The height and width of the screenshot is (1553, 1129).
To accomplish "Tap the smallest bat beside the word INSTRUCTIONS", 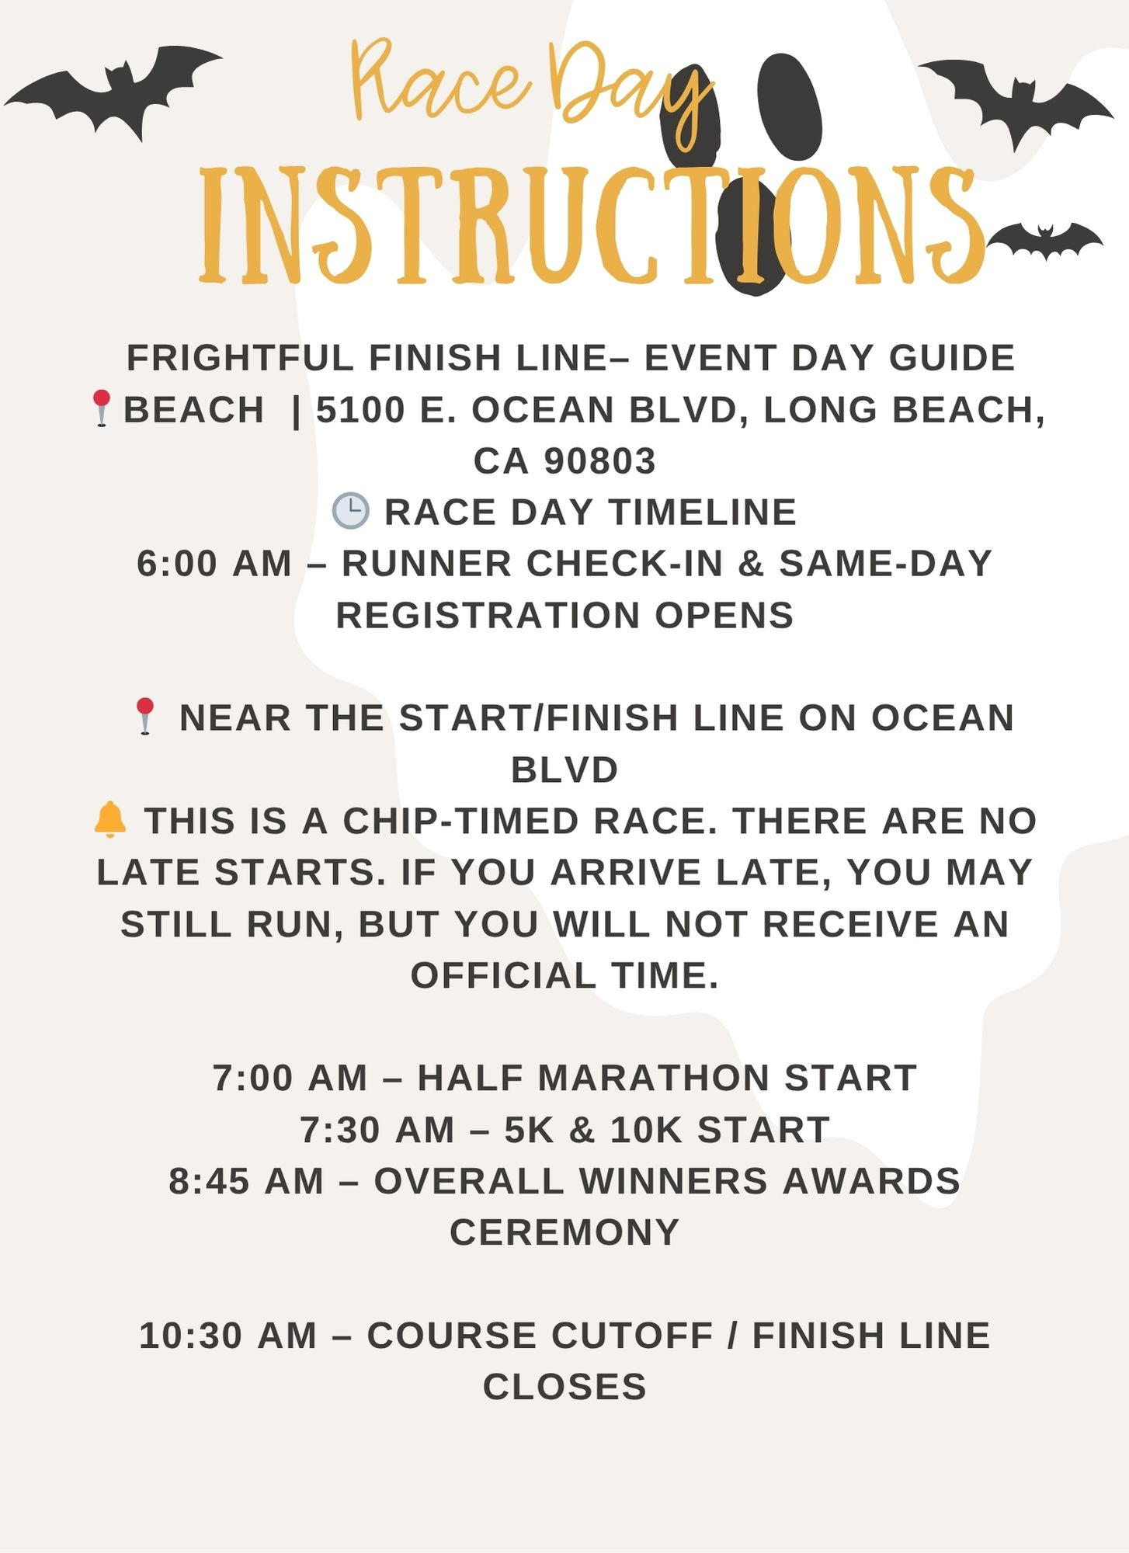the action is pyautogui.click(x=1044, y=241).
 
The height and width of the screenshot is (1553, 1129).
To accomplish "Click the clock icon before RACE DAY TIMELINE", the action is pyautogui.click(x=350, y=511).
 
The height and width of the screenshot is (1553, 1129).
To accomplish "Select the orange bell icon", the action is pyautogui.click(x=109, y=820).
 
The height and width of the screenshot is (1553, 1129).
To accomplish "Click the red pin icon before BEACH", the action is pyautogui.click(x=101, y=408).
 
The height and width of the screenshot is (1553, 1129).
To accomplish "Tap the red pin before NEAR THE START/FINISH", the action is pyautogui.click(x=144, y=716).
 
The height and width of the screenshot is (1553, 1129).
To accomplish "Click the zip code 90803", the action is pyautogui.click(x=599, y=460).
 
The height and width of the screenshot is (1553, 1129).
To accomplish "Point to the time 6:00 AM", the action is pyautogui.click(x=214, y=564).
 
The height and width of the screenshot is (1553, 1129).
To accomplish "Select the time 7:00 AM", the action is pyautogui.click(x=290, y=1078).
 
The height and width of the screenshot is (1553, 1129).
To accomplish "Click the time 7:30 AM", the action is pyautogui.click(x=377, y=1130).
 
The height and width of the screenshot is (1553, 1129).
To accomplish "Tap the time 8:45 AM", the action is pyautogui.click(x=246, y=1181).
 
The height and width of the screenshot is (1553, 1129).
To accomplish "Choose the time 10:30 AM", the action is pyautogui.click(x=228, y=1336).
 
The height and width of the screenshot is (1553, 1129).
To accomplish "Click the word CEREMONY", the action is pyautogui.click(x=564, y=1232).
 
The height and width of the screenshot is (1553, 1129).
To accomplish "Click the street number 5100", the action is pyautogui.click(x=360, y=409).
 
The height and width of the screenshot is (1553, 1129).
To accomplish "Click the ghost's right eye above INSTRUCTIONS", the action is pyautogui.click(x=789, y=106).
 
